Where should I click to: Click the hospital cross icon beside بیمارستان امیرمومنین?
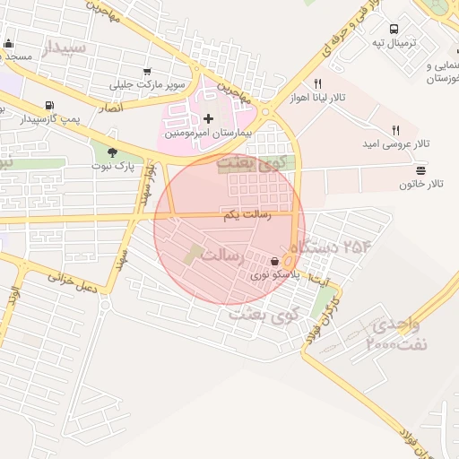[209, 118]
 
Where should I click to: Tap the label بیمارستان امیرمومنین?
[212, 133]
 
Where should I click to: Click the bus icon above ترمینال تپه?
[395, 28]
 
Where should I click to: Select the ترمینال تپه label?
[394, 42]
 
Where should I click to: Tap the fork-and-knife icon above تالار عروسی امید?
[395, 130]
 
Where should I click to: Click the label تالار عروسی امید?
[394, 144]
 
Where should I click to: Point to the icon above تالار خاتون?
[421, 170]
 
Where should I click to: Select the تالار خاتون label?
[421, 184]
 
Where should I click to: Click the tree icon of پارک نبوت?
[112, 152]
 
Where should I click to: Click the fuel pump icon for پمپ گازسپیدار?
[48, 105]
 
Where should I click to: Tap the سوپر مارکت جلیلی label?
[149, 86]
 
